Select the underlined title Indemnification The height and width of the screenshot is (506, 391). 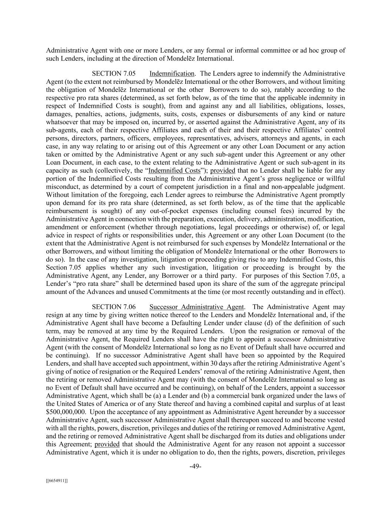172,73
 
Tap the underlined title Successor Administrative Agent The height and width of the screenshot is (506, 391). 196,307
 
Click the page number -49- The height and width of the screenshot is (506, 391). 195,466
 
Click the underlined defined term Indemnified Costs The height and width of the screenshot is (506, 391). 174,171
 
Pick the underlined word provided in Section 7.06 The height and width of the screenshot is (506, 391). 107,444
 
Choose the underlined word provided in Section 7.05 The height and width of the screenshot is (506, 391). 223,171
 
